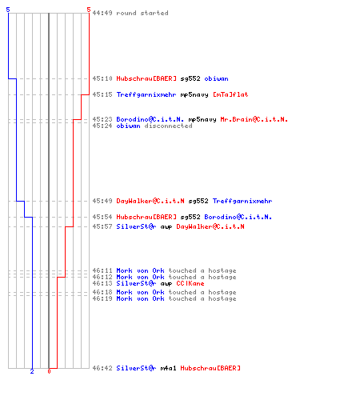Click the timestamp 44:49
coord(102,13)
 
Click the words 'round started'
coord(142,13)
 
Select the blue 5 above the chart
coord(8,10)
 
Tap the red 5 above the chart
coord(89,10)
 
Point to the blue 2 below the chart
coord(32,371)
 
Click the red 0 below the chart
coord(49,371)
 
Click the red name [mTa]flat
coord(230,94)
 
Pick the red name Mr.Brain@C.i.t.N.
coord(254,119)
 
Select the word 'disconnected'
coord(168,126)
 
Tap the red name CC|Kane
coord(190,283)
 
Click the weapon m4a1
coord(168,368)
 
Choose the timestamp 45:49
coord(102,201)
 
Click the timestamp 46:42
coord(102,368)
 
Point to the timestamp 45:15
coord(102,94)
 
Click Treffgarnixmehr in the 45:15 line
coord(146,94)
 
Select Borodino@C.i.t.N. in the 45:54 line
coord(238,217)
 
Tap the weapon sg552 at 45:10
coord(190,78)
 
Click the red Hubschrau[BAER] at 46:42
coord(210,368)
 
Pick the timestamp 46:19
coord(102,298)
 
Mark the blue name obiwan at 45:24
coord(128,126)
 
